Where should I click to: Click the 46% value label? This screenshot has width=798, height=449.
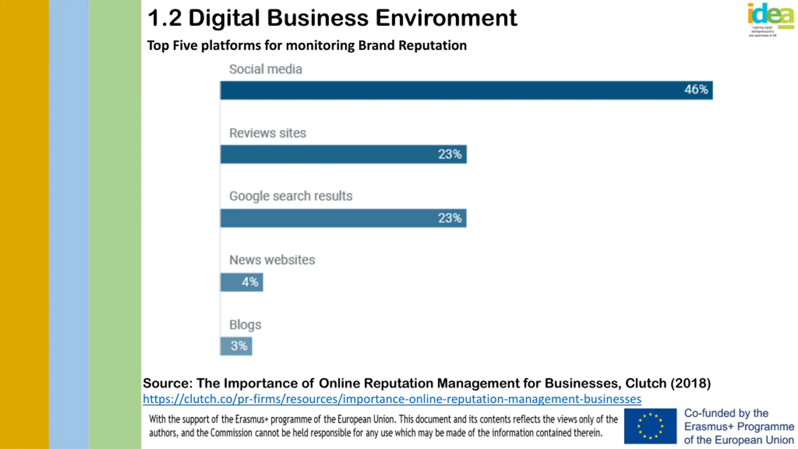696,90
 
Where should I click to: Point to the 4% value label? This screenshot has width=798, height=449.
250,282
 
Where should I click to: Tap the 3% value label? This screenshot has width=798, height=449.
239,346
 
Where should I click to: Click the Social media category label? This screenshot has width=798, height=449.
266,69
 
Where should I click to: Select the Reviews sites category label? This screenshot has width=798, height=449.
267,133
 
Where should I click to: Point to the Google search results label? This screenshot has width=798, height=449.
291,196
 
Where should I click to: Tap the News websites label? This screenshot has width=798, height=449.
272,260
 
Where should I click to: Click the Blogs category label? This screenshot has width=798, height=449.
245,325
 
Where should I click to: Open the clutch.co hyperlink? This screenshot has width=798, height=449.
392,399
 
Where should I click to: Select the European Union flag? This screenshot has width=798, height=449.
650,426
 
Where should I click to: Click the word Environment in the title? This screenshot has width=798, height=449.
446,18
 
